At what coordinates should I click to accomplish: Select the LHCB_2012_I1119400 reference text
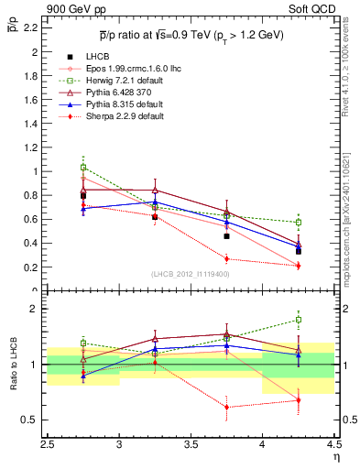(191, 274)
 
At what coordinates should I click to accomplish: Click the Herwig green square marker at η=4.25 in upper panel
(298, 222)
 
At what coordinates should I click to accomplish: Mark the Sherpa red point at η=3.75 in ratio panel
(226, 407)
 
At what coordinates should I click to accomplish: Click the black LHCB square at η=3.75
(226, 236)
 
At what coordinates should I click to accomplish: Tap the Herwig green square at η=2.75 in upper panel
(83, 168)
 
